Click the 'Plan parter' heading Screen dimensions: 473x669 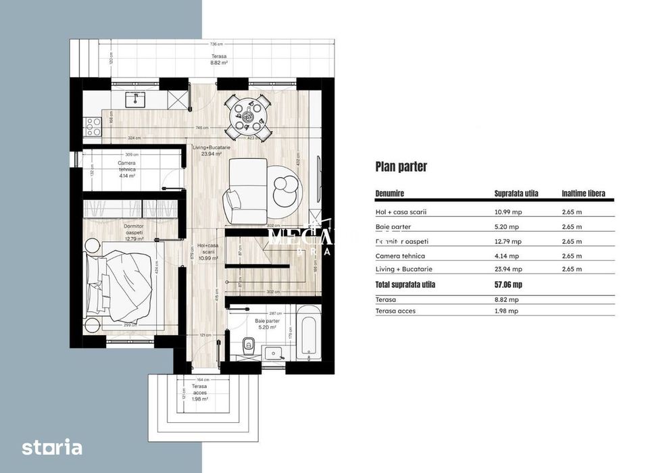[401, 167]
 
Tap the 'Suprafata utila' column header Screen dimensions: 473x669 [516, 193]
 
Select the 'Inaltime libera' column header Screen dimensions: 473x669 [583, 193]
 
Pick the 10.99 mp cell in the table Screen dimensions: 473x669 [508, 212]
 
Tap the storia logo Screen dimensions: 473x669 [52, 447]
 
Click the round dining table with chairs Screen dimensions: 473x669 [247, 114]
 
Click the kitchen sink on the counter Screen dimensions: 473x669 [137, 99]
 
